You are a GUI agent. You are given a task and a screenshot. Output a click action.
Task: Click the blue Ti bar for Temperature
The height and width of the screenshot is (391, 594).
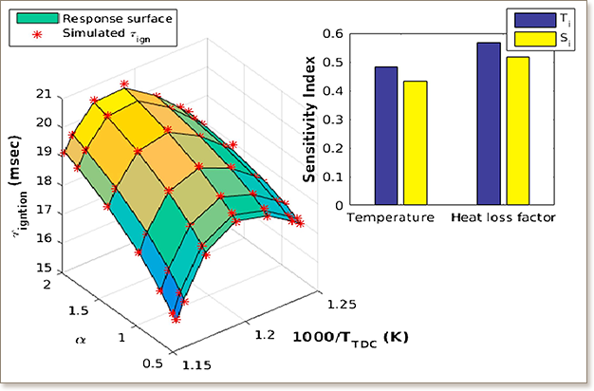[x=386, y=136]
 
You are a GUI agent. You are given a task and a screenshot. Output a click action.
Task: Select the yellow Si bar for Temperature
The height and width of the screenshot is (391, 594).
[x=415, y=142]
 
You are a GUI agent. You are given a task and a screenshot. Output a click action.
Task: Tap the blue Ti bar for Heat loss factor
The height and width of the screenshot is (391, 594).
[x=489, y=123]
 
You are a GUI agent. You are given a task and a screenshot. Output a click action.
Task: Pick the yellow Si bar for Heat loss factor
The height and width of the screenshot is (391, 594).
[x=517, y=131]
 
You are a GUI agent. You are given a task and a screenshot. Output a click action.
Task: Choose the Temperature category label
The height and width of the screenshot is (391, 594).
[x=391, y=218]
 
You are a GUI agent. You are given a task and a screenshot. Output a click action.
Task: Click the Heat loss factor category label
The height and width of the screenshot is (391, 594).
[x=504, y=218]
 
